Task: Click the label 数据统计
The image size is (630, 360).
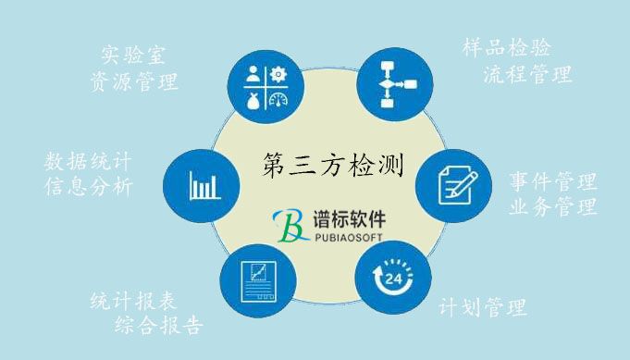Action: [88, 160]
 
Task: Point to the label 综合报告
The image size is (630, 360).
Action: [158, 325]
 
